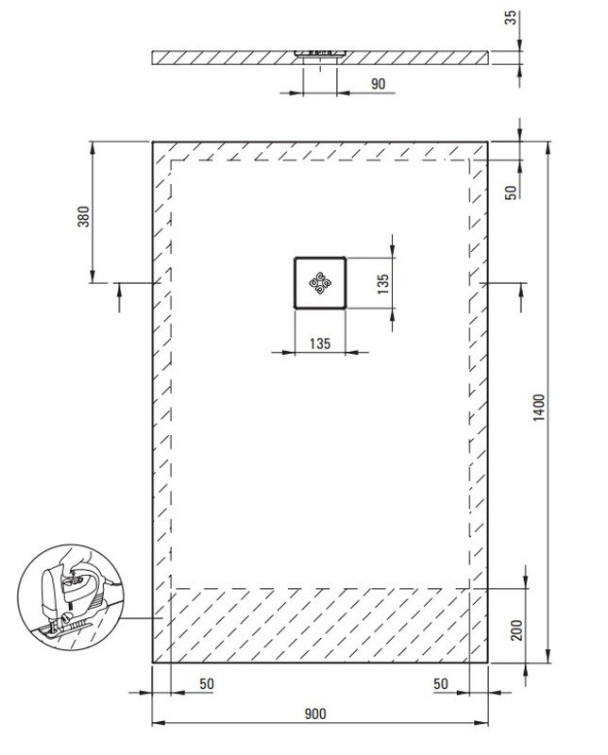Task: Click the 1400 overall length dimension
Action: tap(540, 407)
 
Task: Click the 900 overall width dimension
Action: tap(315, 713)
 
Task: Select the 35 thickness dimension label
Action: tap(511, 17)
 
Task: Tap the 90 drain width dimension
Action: tap(379, 83)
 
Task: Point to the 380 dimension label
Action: tap(83, 216)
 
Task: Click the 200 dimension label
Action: tap(516, 629)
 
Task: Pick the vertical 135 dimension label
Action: tap(383, 284)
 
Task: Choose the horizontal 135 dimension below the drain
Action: tap(320, 344)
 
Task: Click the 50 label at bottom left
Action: tap(206, 683)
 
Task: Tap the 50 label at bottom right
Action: tap(440, 683)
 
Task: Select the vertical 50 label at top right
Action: tap(511, 193)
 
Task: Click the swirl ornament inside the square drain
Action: tap(320, 282)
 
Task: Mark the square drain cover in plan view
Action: tap(320, 282)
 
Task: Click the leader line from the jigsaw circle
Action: tap(141, 618)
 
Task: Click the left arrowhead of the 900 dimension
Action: tap(159, 723)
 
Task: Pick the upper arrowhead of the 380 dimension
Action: tap(92, 147)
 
